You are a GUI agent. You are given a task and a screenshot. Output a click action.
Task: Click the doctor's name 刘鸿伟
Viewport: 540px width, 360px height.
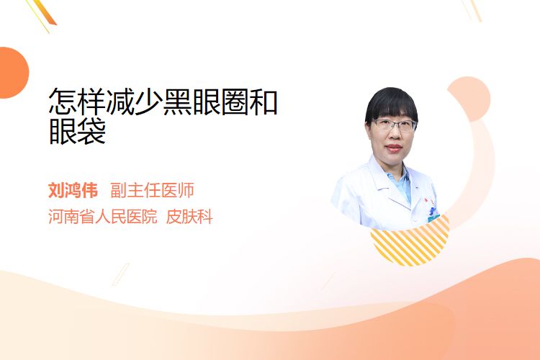click(x=73, y=190)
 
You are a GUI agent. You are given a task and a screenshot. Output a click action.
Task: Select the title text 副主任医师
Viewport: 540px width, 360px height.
click(x=152, y=190)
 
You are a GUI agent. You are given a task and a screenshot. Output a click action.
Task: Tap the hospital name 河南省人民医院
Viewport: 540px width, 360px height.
click(x=103, y=217)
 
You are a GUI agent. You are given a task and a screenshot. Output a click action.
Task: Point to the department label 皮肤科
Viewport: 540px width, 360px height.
click(x=189, y=217)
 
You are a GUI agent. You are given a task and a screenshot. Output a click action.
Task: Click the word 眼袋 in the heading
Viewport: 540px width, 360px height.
click(x=78, y=131)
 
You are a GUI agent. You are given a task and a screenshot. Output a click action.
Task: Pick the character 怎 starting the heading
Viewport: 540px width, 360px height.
click(x=63, y=102)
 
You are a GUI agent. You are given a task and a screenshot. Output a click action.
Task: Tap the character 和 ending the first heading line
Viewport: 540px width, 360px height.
click(x=264, y=102)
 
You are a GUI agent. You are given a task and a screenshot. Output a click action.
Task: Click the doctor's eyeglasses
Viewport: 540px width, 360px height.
click(x=395, y=125)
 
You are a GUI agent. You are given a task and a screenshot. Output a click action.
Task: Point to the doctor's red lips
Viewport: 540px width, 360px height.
click(x=394, y=148)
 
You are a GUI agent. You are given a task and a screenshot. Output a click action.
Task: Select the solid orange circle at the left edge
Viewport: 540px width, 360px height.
click(x=13, y=73)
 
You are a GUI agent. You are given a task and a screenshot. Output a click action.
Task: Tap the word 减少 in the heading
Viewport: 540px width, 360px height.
click(x=135, y=102)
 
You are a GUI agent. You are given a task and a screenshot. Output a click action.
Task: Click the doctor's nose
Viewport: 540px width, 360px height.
click(x=393, y=136)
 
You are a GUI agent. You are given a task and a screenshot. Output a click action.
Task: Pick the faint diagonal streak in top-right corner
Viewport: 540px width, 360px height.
click(x=472, y=9)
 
